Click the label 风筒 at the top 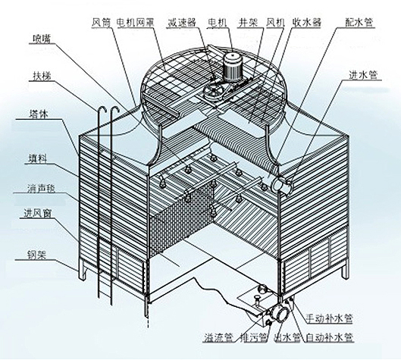(x=102, y=23)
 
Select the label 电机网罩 (x=135, y=23)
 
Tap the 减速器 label (x=181, y=23)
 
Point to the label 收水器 (x=307, y=23)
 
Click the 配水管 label (x=359, y=23)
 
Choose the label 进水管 (x=363, y=75)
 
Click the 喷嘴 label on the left (x=42, y=39)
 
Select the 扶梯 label (x=42, y=77)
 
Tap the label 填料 (x=37, y=158)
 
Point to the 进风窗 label (x=38, y=213)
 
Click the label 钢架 (x=36, y=255)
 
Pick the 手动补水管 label (x=330, y=318)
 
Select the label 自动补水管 (x=330, y=337)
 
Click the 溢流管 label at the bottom (x=218, y=337)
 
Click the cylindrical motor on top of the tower (x=232, y=66)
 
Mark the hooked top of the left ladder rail (x=102, y=108)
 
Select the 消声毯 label (x=41, y=189)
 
